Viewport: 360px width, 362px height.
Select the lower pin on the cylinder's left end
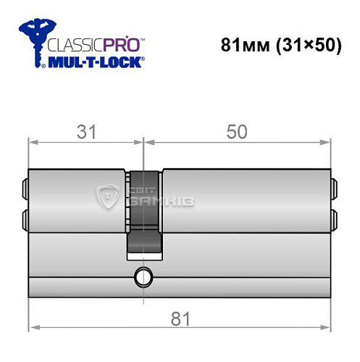(25, 218)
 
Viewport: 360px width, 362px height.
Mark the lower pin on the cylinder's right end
(335, 218)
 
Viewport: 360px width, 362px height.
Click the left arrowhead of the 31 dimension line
(32, 142)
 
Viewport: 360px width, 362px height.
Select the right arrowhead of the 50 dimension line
(328, 142)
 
